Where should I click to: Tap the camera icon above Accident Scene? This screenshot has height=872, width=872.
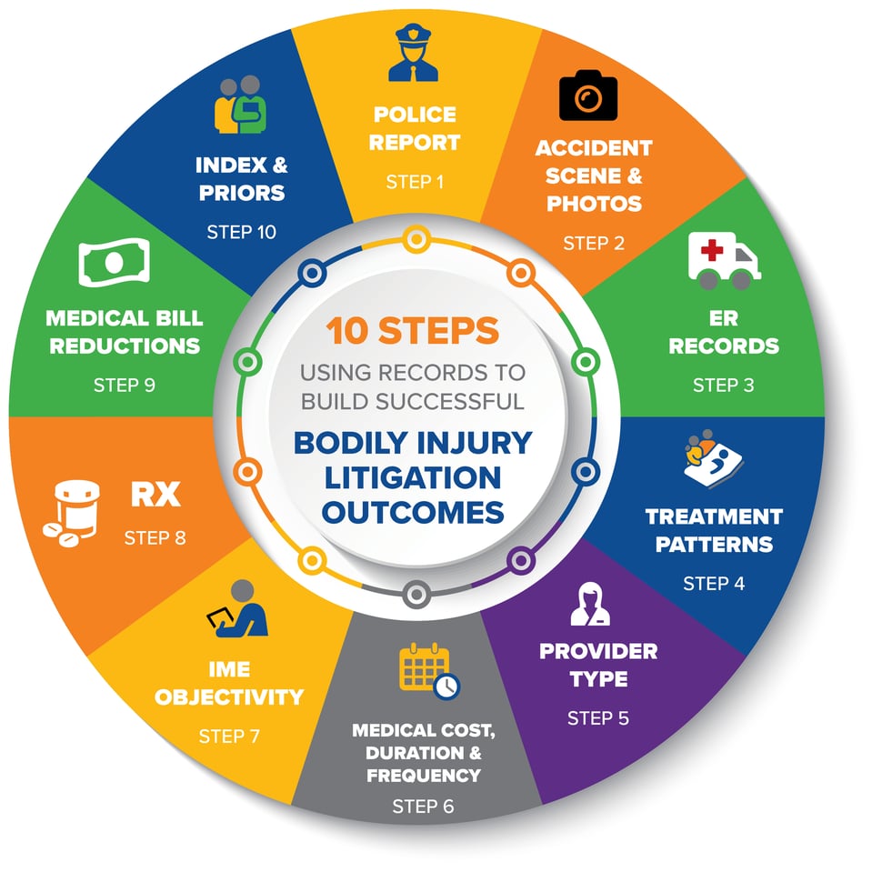pyautogui.click(x=588, y=97)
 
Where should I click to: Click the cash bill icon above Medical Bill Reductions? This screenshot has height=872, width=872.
pyautogui.click(x=113, y=266)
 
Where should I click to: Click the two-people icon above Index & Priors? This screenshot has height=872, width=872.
pyautogui.click(x=239, y=105)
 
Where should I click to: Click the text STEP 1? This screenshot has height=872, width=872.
pyautogui.click(x=415, y=182)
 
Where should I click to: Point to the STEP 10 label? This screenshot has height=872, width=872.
pyautogui.click(x=241, y=231)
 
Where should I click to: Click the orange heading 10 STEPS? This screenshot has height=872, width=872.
pyautogui.click(x=414, y=331)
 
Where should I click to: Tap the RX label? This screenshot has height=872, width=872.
pyautogui.click(x=155, y=496)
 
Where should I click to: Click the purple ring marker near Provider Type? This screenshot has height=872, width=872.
pyautogui.click(x=520, y=558)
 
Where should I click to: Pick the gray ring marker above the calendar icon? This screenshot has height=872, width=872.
pyautogui.click(x=416, y=594)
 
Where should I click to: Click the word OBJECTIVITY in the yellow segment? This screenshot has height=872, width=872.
pyautogui.click(x=228, y=697)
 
